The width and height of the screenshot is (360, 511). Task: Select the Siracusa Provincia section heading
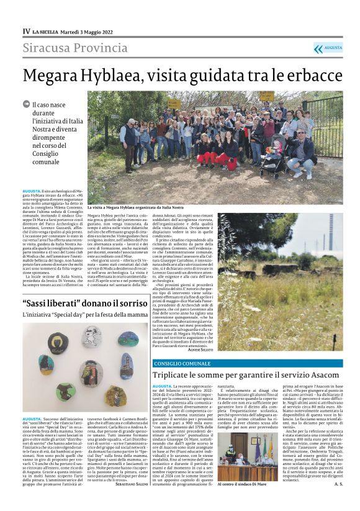[x=71, y=48]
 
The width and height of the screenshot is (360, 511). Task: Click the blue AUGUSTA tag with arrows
[x=328, y=48]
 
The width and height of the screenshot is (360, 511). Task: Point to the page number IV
[x=26, y=31]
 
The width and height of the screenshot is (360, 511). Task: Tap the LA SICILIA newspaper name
[x=47, y=31]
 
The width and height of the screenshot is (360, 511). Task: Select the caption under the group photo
[x=135, y=207]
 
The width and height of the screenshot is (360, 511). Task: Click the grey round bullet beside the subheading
[x=26, y=104]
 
